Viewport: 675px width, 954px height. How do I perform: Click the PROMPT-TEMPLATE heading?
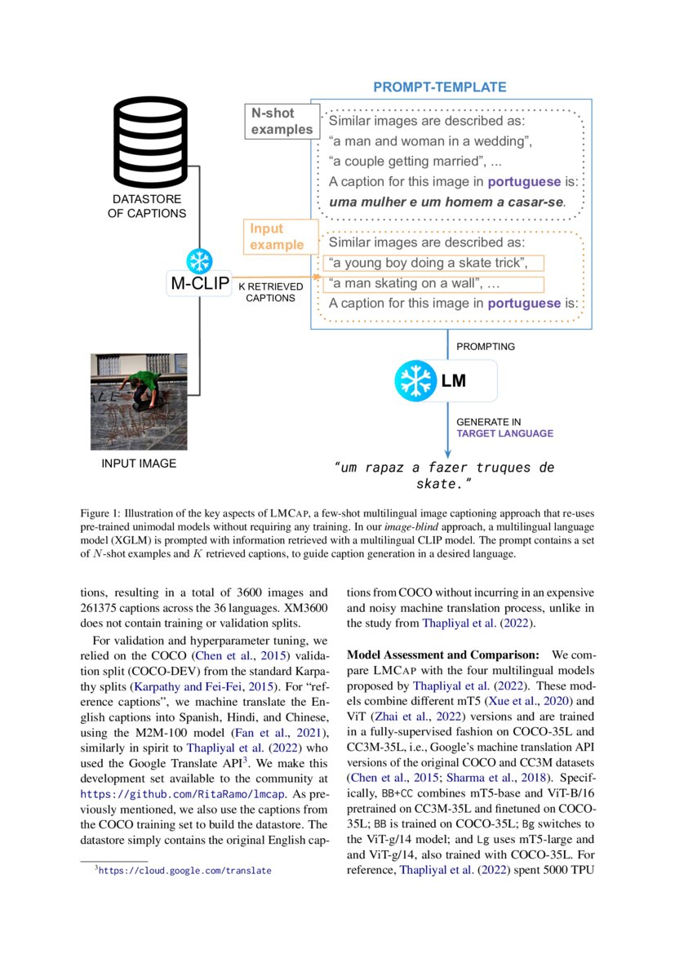(x=439, y=87)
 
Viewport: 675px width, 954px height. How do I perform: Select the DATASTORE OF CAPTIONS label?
(x=148, y=206)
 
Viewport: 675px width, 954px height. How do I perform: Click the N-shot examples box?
(x=281, y=121)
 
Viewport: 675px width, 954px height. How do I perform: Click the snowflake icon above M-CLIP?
(x=199, y=261)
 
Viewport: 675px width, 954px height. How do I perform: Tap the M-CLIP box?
(x=199, y=285)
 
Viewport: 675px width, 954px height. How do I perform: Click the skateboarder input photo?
(x=139, y=401)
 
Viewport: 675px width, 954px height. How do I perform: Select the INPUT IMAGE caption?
(x=139, y=464)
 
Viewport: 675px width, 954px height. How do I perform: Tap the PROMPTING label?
(x=485, y=346)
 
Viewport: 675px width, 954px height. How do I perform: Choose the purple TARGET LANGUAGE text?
(x=504, y=433)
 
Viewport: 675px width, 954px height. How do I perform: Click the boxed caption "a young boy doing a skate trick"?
(x=432, y=263)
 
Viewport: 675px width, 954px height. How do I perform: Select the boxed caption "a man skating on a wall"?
(x=432, y=284)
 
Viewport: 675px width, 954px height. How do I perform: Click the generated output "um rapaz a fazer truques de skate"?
(x=445, y=476)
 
